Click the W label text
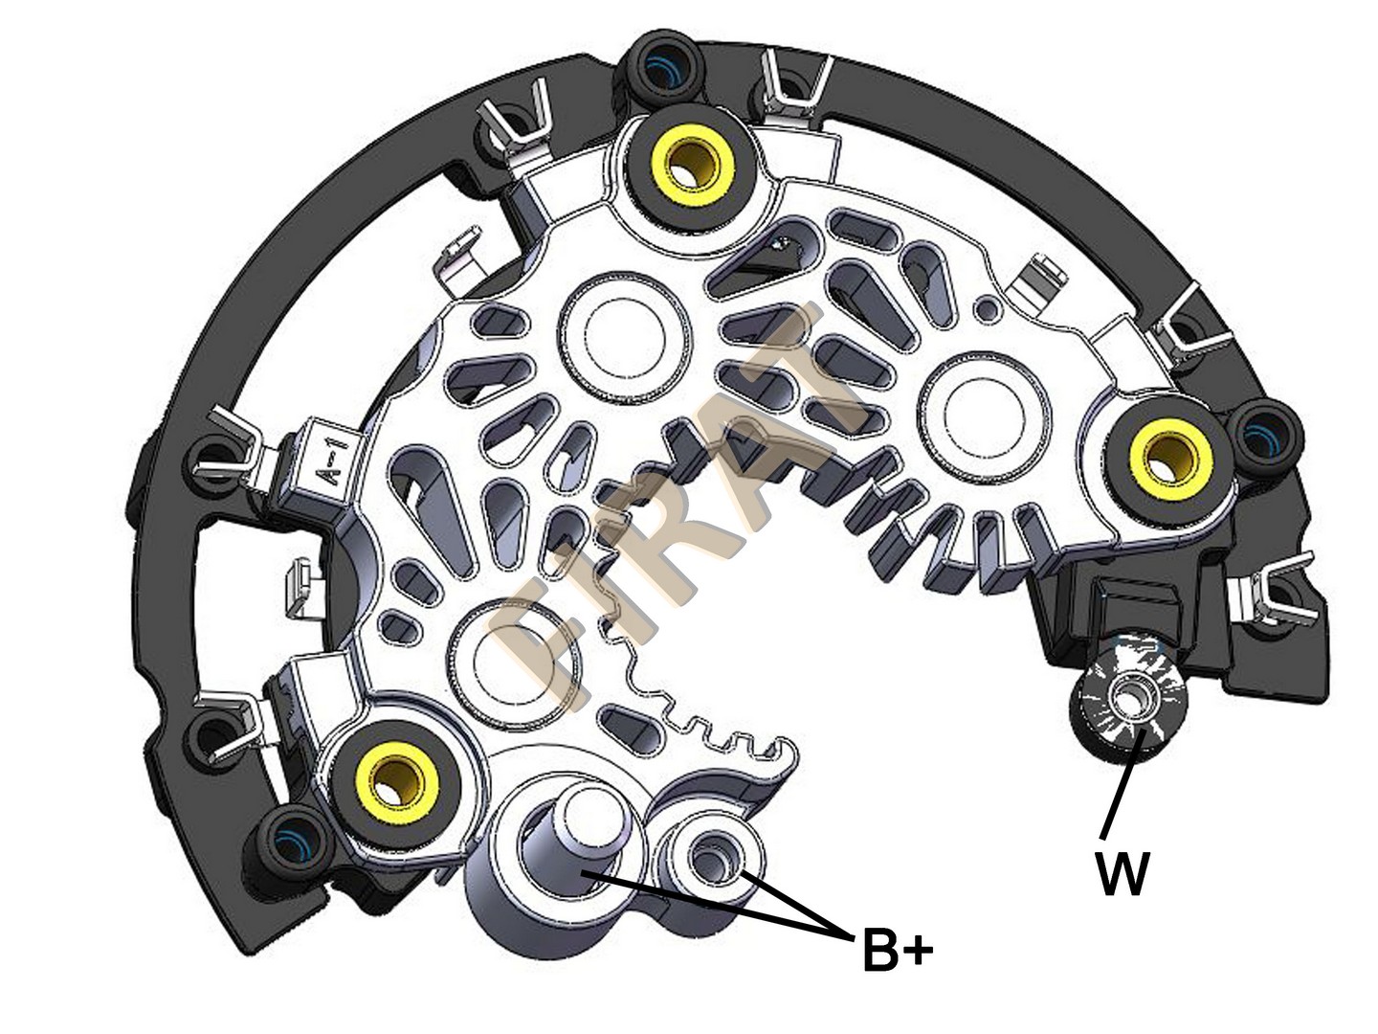coord(1122,873)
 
